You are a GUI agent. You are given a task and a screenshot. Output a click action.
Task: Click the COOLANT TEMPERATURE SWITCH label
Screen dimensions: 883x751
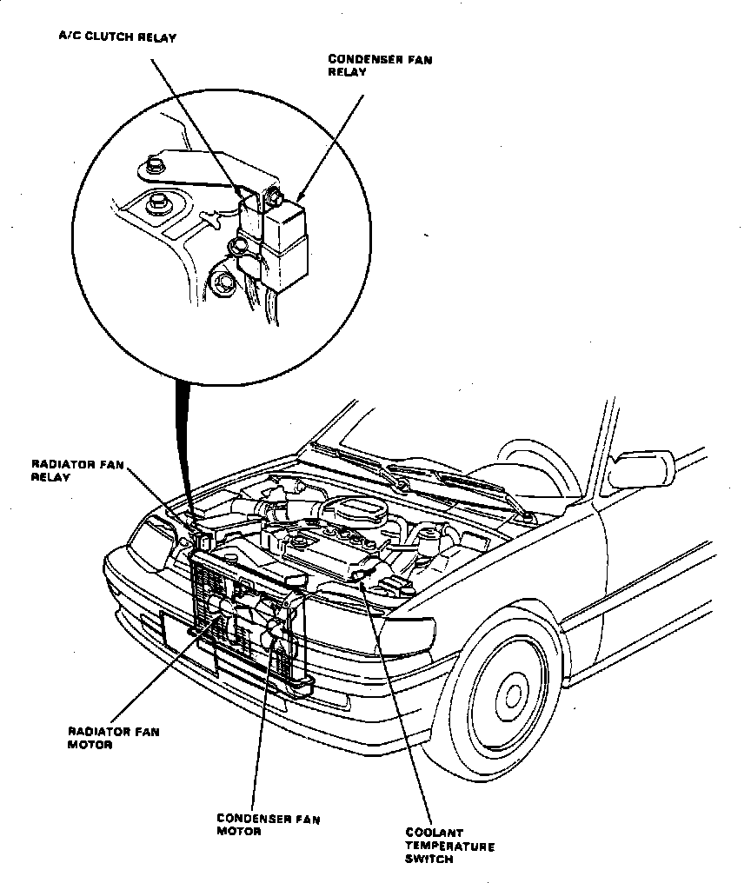pyautogui.click(x=449, y=846)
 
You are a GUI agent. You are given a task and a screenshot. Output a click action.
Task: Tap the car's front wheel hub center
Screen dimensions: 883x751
pyautogui.click(x=513, y=694)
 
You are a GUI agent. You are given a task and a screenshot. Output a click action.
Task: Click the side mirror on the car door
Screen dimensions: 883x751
pyautogui.click(x=642, y=470)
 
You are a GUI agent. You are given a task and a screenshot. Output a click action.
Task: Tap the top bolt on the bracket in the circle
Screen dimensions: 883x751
pyautogui.click(x=155, y=162)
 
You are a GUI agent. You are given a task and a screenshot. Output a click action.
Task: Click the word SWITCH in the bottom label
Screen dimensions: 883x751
pyautogui.click(x=429, y=860)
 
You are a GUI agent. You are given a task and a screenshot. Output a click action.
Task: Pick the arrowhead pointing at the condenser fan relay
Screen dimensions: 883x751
pyautogui.click(x=301, y=196)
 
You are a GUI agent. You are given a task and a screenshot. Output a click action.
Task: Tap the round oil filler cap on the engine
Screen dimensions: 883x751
pyautogui.click(x=297, y=542)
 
